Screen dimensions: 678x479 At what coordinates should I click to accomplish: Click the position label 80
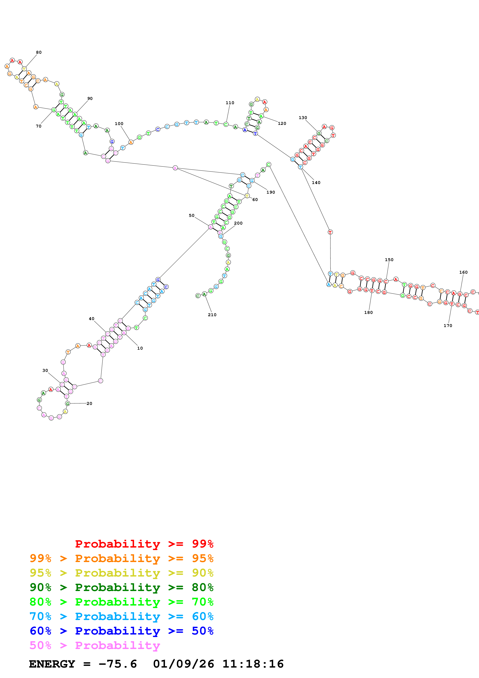point(39,52)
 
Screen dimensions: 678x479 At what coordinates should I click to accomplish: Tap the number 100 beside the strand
point(119,124)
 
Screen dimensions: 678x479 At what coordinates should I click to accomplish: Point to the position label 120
point(282,124)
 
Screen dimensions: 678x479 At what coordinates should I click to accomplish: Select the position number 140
point(316,182)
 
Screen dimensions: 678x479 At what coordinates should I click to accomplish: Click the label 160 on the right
point(463,272)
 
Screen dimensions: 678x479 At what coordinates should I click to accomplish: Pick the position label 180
point(368,312)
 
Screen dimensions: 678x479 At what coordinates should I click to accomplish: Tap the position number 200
point(238,223)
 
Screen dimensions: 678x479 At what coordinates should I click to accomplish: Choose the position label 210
point(212,315)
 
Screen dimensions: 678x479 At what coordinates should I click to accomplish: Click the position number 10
point(140,348)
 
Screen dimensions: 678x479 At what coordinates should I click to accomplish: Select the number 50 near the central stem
point(191,215)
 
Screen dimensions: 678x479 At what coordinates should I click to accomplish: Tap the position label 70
point(39,126)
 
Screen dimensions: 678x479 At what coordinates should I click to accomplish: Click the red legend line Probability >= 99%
point(144,544)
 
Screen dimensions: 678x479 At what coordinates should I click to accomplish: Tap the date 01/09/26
point(183,664)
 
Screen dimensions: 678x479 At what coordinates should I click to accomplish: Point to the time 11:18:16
point(253,664)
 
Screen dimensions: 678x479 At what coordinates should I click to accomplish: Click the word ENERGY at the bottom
point(52,664)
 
